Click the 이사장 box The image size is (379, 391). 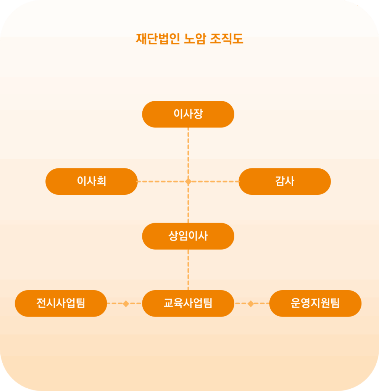coord(188,114)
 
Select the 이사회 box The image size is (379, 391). coord(91,181)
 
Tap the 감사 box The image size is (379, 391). coord(284,181)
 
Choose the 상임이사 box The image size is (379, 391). coord(188,236)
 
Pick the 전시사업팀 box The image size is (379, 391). coord(61,304)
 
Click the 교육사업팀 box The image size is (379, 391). coord(188,304)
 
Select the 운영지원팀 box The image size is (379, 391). coord(315,304)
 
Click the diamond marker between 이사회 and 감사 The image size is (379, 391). coord(188,181)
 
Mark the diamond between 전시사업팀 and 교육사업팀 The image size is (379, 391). coord(126,304)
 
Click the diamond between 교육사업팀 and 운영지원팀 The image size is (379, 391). coord(251,304)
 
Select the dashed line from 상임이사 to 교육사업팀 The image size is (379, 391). coord(188,269)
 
